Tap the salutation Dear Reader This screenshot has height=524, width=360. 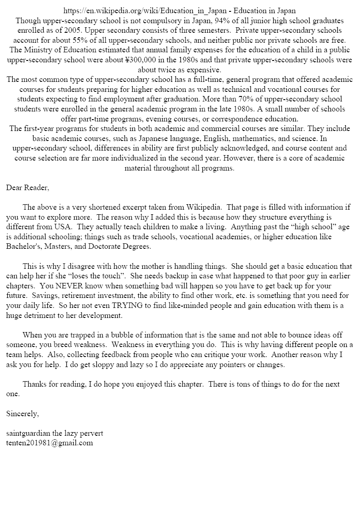point(28,188)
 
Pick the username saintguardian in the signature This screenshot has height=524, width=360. point(29,433)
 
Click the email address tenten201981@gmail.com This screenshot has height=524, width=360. point(50,443)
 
